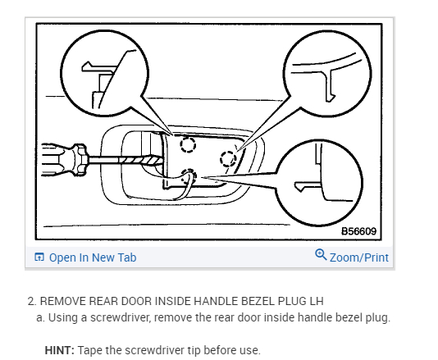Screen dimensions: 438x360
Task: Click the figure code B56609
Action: [x=359, y=231]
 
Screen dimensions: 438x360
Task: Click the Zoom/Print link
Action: [x=359, y=257]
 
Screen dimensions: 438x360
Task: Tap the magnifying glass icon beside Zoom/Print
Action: [x=321, y=255]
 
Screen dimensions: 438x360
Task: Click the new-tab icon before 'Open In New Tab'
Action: [x=39, y=257]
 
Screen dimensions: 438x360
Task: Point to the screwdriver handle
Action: [x=64, y=160]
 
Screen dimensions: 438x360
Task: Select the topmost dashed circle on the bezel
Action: [x=188, y=144]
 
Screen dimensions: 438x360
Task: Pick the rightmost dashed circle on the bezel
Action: [x=228, y=159]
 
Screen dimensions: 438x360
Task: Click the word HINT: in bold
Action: [x=60, y=350]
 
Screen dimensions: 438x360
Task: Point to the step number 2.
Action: [x=32, y=301]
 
